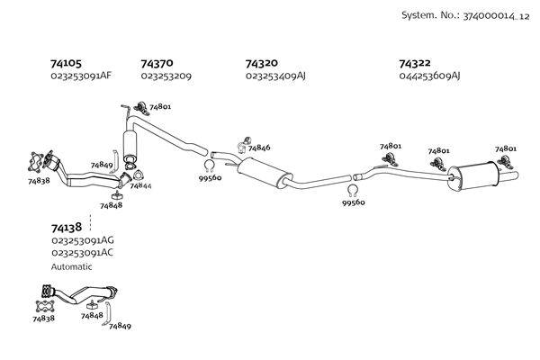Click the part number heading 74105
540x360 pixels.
[x=66, y=64]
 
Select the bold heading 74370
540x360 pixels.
[x=157, y=64]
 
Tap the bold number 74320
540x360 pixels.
[x=263, y=64]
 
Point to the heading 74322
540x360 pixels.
[x=416, y=64]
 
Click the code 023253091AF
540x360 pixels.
[x=81, y=76]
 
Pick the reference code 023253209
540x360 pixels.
[x=166, y=76]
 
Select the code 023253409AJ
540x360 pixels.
[x=275, y=76]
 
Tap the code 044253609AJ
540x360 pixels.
[x=429, y=76]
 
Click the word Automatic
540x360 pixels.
[x=72, y=266]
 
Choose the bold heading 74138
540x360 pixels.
[x=66, y=229]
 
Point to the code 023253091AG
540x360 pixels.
[x=82, y=241]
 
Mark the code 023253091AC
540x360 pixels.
[x=82, y=253]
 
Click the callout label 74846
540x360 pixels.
[x=258, y=148]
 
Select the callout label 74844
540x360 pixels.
[x=140, y=186]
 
